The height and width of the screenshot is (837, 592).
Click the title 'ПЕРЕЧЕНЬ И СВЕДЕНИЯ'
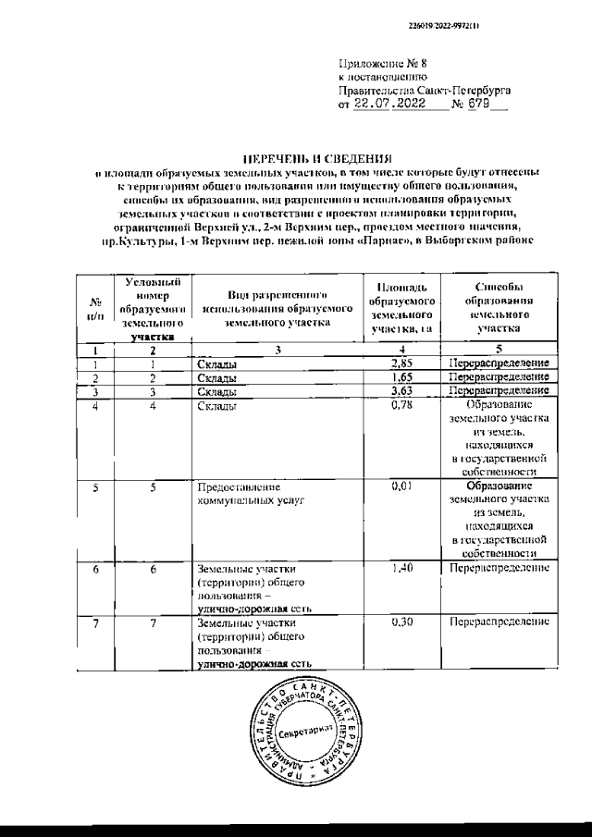click(x=296, y=158)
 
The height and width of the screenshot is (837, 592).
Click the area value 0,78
click(x=401, y=407)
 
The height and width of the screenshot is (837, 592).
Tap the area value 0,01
click(x=401, y=485)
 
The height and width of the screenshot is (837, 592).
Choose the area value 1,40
click(x=401, y=569)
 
